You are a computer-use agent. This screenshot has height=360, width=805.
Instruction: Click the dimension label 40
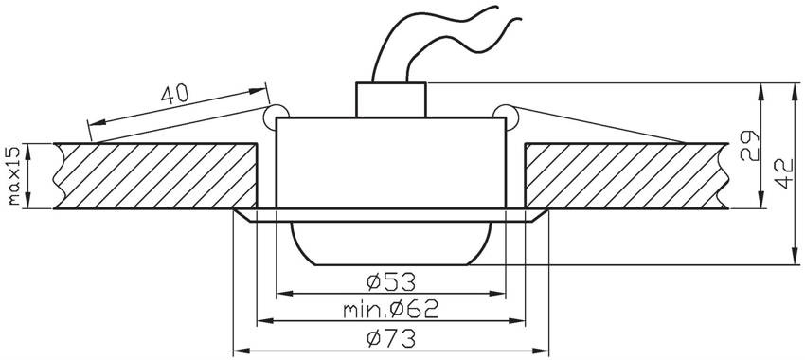[x=175, y=95]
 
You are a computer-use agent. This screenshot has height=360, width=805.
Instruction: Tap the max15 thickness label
[x=14, y=175]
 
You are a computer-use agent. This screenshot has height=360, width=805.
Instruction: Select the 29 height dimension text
[x=749, y=146]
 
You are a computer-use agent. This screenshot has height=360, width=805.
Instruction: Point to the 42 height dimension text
[x=783, y=172]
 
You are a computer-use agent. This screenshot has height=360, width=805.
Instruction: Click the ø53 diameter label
[x=391, y=281]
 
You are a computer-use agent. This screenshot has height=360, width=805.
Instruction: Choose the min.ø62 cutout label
[x=391, y=309]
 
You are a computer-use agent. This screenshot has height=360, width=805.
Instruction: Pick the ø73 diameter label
[x=391, y=339]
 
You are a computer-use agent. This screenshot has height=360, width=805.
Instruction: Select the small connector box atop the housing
[x=391, y=99]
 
